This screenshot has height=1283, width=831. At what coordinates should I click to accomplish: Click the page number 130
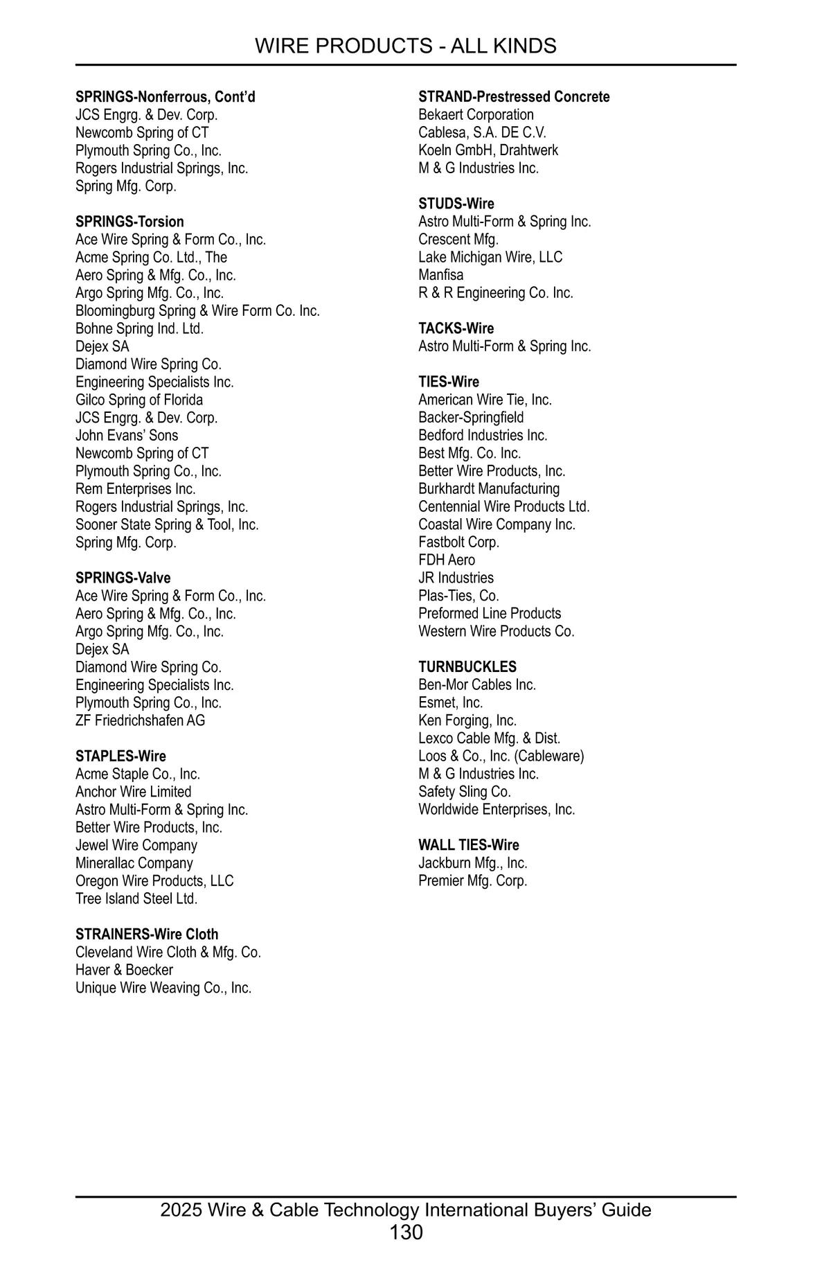406,1232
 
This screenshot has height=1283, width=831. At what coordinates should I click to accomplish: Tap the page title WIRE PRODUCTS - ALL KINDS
406,46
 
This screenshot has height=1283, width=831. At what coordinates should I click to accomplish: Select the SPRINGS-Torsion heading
129,222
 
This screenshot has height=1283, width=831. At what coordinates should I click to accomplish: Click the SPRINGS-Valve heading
123,578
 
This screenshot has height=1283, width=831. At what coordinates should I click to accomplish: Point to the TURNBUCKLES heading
467,667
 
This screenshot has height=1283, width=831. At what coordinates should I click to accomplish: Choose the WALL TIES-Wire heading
469,845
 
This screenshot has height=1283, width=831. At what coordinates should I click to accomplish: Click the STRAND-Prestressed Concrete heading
514,97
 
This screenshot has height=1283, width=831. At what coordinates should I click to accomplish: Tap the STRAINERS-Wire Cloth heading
147,935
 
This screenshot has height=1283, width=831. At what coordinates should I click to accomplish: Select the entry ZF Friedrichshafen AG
140,720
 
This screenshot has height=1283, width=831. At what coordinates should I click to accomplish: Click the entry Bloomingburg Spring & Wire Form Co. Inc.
197,311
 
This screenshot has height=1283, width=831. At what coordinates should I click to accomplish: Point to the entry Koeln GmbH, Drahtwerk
488,150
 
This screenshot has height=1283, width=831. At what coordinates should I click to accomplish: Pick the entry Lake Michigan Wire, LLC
490,257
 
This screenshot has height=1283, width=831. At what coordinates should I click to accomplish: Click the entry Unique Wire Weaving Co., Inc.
163,988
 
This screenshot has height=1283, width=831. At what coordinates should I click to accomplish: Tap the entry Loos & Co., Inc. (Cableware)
501,756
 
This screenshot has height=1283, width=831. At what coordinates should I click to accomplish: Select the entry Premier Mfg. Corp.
472,881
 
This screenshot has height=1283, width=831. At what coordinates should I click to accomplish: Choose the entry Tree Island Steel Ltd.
136,899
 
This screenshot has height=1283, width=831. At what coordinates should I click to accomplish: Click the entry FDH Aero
447,560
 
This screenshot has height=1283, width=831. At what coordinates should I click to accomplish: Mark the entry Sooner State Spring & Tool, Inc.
167,524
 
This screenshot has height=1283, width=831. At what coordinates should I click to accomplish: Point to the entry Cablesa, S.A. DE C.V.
482,132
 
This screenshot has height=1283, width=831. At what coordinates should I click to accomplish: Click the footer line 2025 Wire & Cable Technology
406,1210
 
